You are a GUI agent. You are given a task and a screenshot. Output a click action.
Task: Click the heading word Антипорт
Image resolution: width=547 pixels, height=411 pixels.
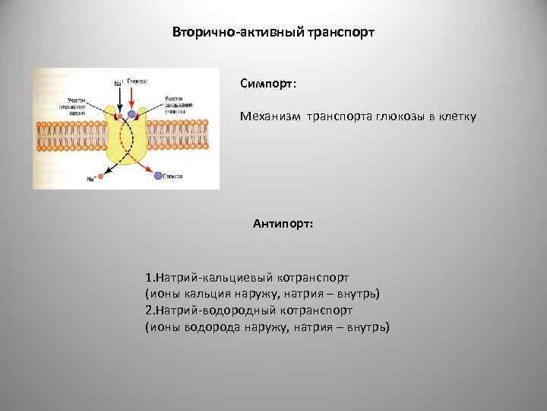click(x=282, y=225)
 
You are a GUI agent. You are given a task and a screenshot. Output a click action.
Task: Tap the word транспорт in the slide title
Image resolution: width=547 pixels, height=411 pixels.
click(x=340, y=34)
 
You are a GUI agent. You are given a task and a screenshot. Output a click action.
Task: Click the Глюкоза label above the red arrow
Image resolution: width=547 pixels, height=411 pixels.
click(x=137, y=79)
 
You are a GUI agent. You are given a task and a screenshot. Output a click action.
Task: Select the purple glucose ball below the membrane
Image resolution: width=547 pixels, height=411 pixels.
click(x=158, y=176)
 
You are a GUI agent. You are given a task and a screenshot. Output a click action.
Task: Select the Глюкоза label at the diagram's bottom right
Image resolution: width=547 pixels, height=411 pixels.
click(x=175, y=176)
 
